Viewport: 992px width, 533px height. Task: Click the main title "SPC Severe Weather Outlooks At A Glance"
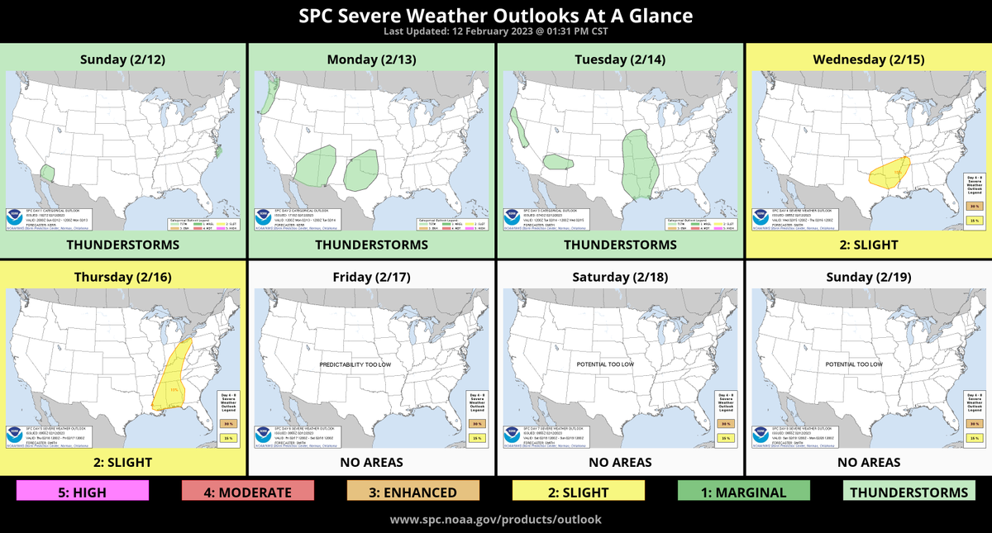coord(495,16)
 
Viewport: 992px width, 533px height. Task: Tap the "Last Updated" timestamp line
coord(495,32)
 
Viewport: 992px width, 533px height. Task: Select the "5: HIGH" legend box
coord(83,493)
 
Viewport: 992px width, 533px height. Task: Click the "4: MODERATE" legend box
coord(248,493)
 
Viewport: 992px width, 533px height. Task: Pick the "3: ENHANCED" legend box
coord(413,493)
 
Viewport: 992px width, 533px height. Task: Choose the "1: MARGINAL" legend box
coord(744,493)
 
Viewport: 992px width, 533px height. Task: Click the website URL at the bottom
coord(495,520)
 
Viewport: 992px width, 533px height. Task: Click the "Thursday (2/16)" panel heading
coord(123,277)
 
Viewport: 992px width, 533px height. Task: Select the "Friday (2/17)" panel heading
coord(371,277)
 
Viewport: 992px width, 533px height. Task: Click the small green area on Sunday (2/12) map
coord(48,172)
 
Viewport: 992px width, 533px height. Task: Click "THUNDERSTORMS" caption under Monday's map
coord(371,245)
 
